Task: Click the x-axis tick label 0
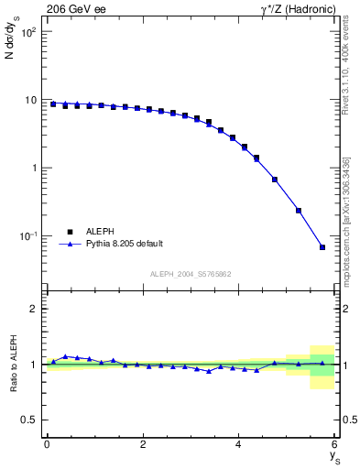[47, 444]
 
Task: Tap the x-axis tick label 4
[238, 444]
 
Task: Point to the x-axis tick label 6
[334, 444]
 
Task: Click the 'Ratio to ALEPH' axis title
[14, 364]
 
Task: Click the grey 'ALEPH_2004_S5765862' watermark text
[190, 274]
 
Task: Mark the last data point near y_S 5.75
[322, 247]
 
